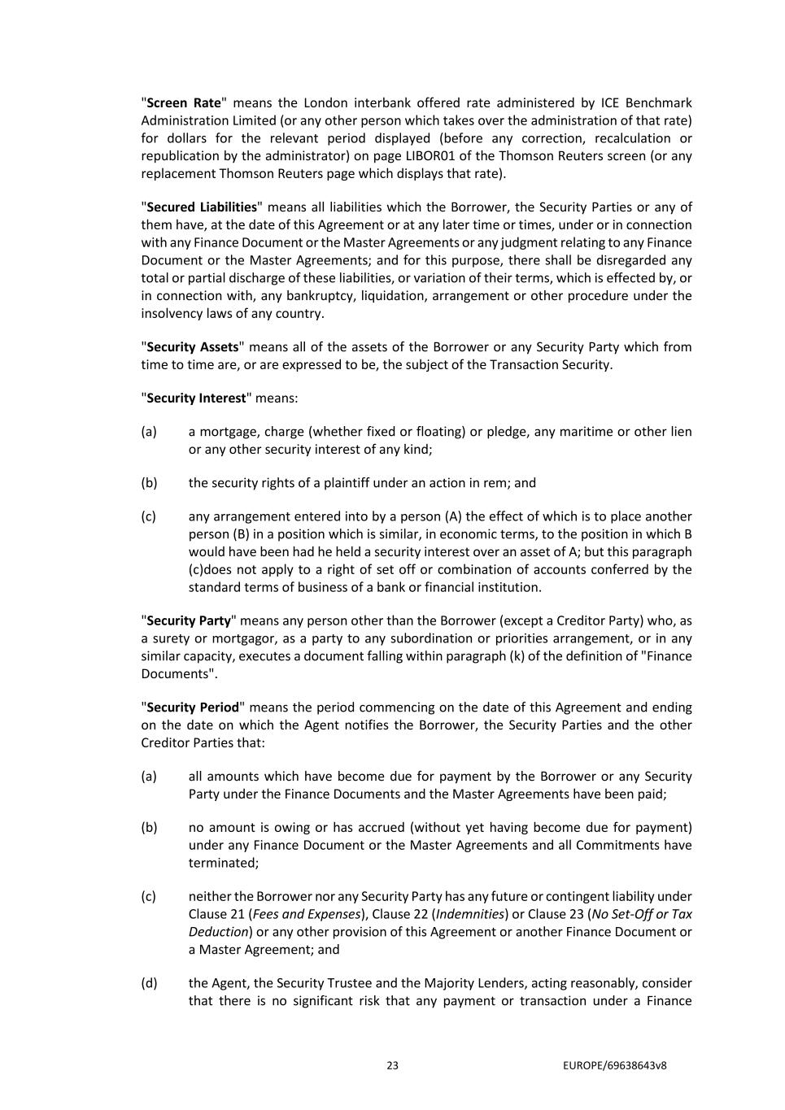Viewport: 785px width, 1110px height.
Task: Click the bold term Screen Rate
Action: point(183,103)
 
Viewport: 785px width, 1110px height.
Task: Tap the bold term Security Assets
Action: point(192,347)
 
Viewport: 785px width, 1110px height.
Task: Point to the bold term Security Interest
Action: point(195,398)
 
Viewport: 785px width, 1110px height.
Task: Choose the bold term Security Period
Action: point(193,707)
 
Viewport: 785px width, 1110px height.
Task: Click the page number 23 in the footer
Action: point(393,1065)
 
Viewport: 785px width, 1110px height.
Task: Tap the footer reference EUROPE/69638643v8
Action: point(614,1065)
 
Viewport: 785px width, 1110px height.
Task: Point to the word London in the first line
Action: point(325,103)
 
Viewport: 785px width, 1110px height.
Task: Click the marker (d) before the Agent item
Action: point(149,983)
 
